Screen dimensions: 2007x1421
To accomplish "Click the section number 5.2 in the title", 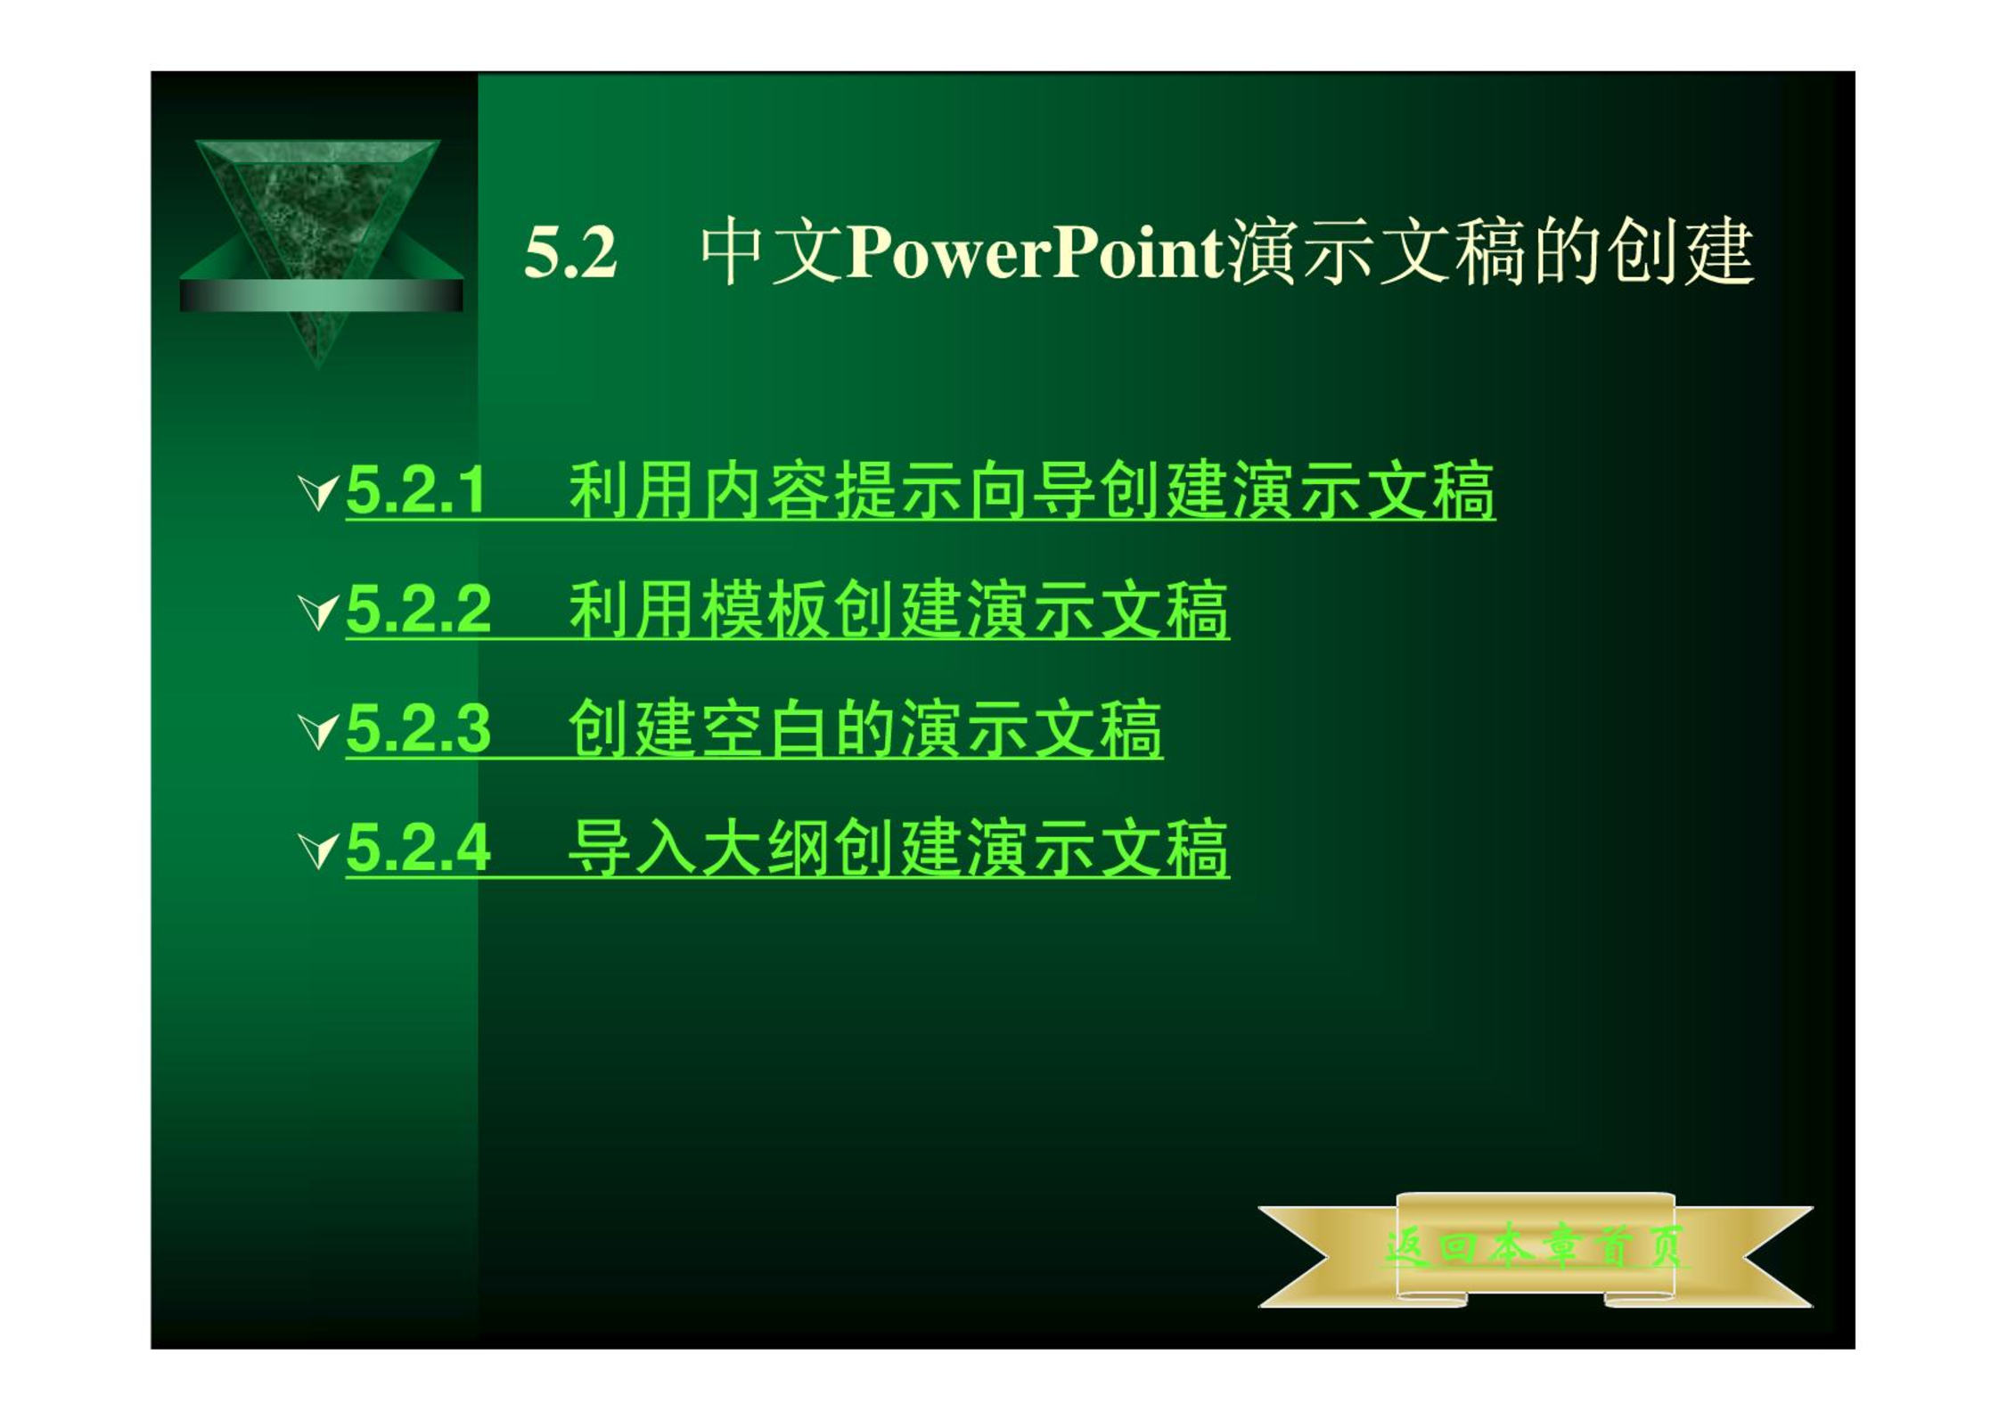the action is pyautogui.click(x=570, y=252).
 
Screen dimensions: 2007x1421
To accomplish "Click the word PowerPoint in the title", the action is pyautogui.click(x=1036, y=252).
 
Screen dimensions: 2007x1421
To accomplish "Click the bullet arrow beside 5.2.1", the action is pyautogui.click(x=319, y=492).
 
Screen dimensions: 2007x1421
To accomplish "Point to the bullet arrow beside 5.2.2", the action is pyautogui.click(x=319, y=612).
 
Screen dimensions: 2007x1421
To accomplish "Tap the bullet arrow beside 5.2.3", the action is pyautogui.click(x=319, y=731).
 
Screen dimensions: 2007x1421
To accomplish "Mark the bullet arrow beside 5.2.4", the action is pyautogui.click(x=319, y=850).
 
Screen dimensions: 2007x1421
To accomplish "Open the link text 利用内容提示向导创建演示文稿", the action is pyautogui.click(x=1032, y=489).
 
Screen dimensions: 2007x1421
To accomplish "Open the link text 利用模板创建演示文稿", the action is pyautogui.click(x=899, y=610).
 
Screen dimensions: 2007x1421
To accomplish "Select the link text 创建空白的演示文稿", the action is pyautogui.click(x=865, y=729).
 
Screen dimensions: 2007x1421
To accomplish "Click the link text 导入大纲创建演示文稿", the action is pyautogui.click(x=899, y=848).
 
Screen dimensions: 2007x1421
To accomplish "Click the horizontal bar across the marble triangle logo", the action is pyautogui.click(x=321, y=295).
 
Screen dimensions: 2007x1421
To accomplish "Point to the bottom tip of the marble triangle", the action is pyautogui.click(x=318, y=366).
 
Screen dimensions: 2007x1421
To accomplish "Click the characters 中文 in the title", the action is pyautogui.click(x=772, y=252).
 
